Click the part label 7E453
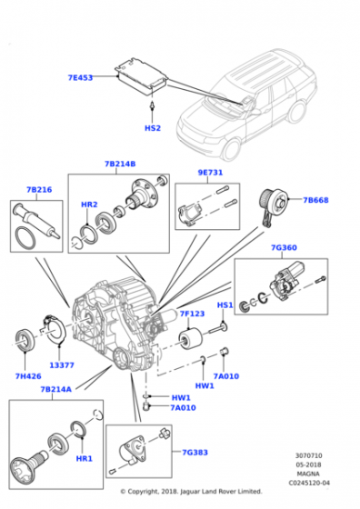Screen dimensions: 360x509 [x=80, y=77]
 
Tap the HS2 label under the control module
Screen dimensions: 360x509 [x=153, y=128]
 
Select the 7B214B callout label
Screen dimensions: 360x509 [x=120, y=164]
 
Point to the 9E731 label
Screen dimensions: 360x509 [x=210, y=173]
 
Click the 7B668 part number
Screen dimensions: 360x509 [x=315, y=200]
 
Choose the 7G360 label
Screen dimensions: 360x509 [x=284, y=247]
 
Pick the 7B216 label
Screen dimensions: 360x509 [x=39, y=190]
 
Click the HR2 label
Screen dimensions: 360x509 [x=89, y=205]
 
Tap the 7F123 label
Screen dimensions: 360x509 [x=192, y=314]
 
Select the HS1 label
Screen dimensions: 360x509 [x=225, y=305]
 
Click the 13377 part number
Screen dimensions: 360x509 [x=62, y=365]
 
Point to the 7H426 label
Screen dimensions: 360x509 [x=28, y=376]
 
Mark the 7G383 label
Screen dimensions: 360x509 [x=195, y=453]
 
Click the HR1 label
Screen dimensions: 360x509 [x=84, y=459]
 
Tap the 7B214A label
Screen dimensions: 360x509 [x=55, y=389]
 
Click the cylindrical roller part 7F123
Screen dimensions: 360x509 [x=191, y=340]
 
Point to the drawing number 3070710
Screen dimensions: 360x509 [x=309, y=455]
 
